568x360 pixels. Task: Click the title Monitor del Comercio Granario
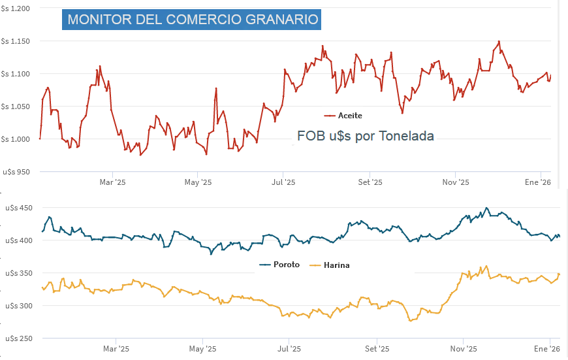[193, 20]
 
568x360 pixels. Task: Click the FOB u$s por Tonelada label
[365, 136]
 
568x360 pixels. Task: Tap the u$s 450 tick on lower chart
[19, 208]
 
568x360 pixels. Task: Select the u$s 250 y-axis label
[19, 338]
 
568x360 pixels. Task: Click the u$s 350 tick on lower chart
[19, 273]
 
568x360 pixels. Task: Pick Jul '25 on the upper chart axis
[283, 182]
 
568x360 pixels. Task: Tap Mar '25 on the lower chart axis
[115, 348]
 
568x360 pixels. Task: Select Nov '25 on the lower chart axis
[462, 348]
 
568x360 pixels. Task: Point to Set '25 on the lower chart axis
[375, 348]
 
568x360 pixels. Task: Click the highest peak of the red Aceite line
[499, 41]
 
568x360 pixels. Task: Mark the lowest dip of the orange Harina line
[410, 321]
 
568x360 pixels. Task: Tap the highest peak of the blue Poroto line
[486, 208]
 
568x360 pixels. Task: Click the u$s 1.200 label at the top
[16, 8]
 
